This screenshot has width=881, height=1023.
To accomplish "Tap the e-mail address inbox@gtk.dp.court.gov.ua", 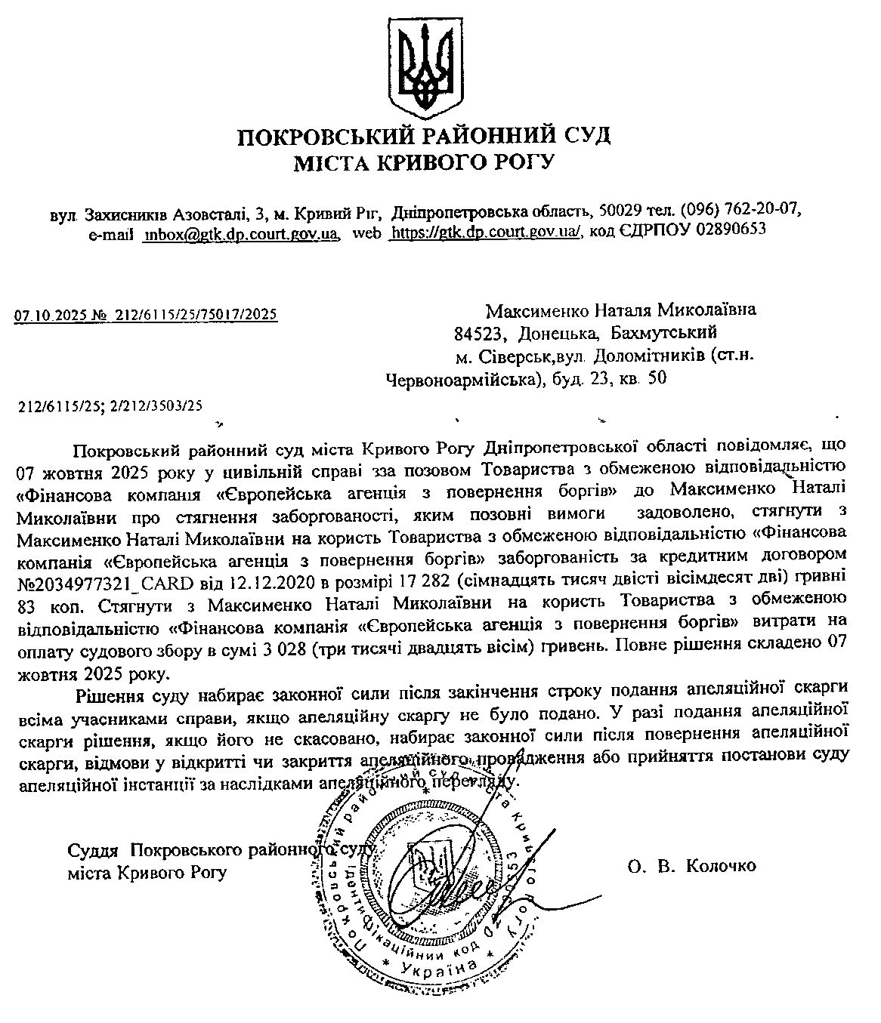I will point(240,232).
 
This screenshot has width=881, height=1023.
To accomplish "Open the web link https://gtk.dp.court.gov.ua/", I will point(484,232).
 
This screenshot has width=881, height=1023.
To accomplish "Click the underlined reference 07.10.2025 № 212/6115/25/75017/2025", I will point(147,314).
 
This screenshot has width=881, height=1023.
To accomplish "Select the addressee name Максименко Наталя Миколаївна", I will point(620,310).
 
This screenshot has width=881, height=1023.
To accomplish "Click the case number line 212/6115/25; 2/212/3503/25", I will point(111,406).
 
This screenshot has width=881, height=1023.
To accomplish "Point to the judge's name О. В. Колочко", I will point(691,866).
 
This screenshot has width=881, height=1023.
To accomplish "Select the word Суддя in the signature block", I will point(93,850).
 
